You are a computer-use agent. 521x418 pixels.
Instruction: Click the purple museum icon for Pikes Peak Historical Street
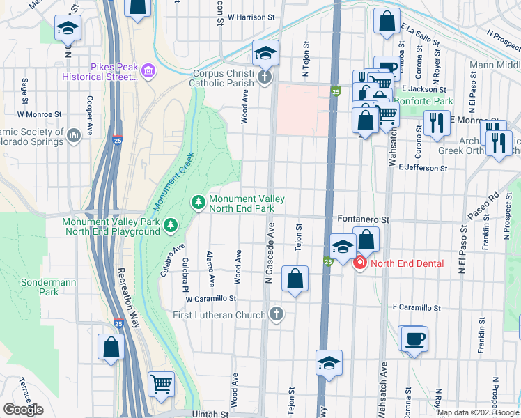tap(147, 70)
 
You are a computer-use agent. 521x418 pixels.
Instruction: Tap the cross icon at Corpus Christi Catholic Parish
tap(264, 77)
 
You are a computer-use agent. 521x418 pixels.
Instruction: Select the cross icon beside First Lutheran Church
tap(277, 314)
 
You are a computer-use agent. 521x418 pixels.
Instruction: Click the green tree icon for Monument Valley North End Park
tap(199, 202)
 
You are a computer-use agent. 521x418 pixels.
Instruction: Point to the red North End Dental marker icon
tap(359, 263)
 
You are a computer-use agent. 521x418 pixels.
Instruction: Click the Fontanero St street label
tap(362, 219)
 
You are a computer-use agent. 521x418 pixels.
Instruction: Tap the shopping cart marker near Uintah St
tap(161, 384)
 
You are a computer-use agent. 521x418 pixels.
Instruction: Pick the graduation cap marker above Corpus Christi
tap(265, 52)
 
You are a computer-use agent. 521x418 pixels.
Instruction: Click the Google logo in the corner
tap(23, 410)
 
